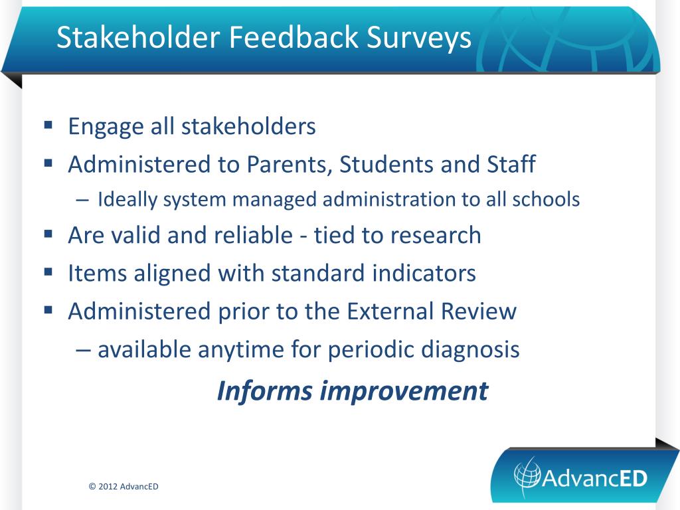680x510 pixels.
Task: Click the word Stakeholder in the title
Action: point(139,37)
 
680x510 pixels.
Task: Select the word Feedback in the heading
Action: point(294,37)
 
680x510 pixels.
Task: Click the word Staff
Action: point(511,165)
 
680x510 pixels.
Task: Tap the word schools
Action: point(546,199)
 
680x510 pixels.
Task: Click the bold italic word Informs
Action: point(264,390)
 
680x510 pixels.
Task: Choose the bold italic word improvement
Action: point(404,392)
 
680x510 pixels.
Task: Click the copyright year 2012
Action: point(108,487)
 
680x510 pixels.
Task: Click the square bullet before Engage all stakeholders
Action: point(48,126)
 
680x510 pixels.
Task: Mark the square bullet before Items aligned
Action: point(48,272)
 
